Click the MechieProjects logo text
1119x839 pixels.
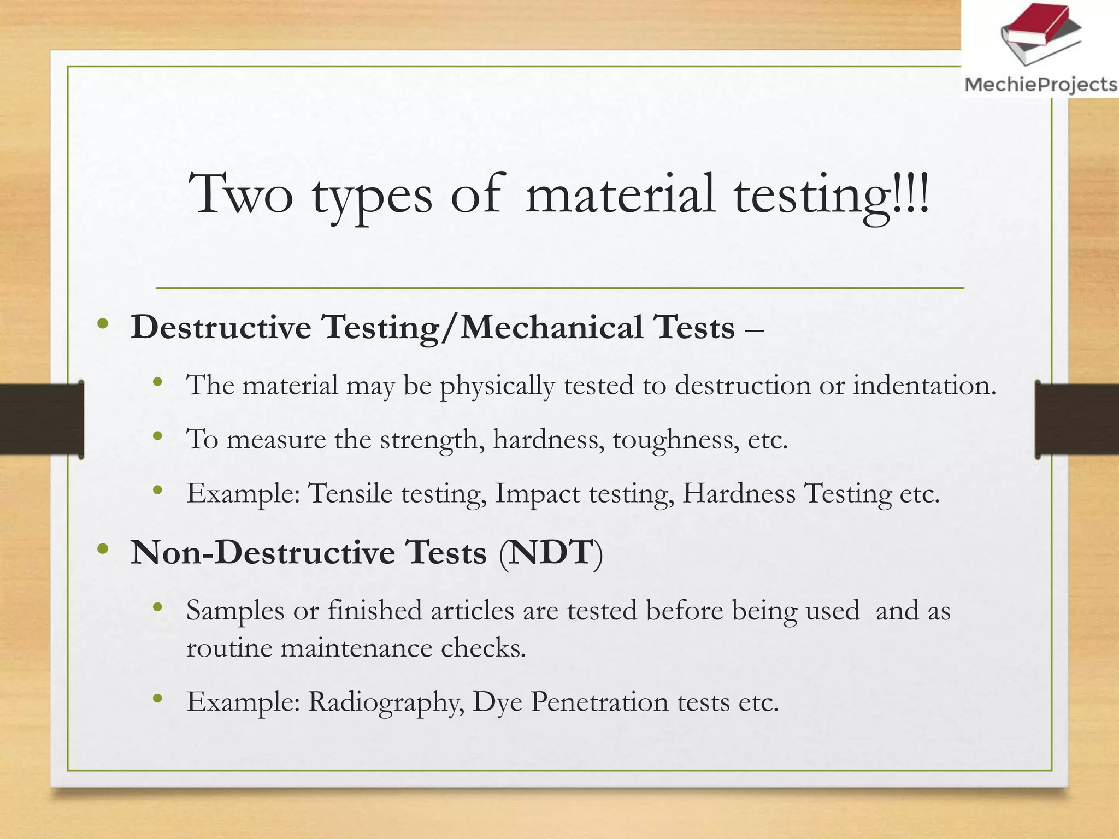coord(1041,85)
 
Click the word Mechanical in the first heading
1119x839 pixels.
coord(551,328)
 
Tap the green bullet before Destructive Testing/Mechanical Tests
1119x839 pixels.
coord(102,324)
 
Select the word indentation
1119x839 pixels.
coord(924,385)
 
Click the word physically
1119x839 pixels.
coord(497,386)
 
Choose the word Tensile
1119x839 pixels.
coord(350,493)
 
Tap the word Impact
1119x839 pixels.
coord(537,494)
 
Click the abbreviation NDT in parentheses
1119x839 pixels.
coord(551,553)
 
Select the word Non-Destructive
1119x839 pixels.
coord(263,553)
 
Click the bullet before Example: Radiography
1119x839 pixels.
coord(158,698)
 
